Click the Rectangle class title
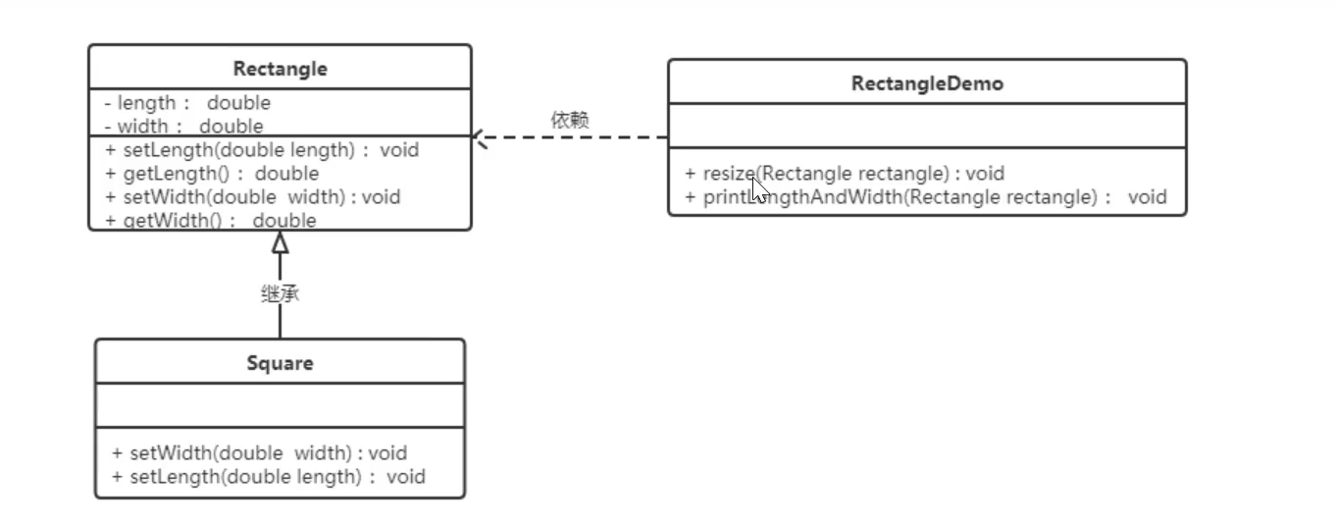[280, 69]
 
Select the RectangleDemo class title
[927, 83]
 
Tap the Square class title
[280, 363]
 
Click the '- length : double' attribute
[187, 103]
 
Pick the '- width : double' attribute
[183, 126]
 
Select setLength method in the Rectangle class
[261, 150]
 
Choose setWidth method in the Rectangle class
[252, 196]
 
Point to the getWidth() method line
[210, 220]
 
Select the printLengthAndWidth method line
[926, 196]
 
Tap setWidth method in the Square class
[259, 453]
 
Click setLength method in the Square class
[268, 477]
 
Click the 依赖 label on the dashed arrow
[570, 121]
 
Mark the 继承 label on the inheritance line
[280, 293]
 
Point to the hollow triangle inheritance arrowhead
[280, 242]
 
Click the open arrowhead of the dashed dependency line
[480, 138]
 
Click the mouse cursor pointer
[758, 188]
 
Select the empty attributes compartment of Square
[280, 405]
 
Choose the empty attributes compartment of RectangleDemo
[927, 126]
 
